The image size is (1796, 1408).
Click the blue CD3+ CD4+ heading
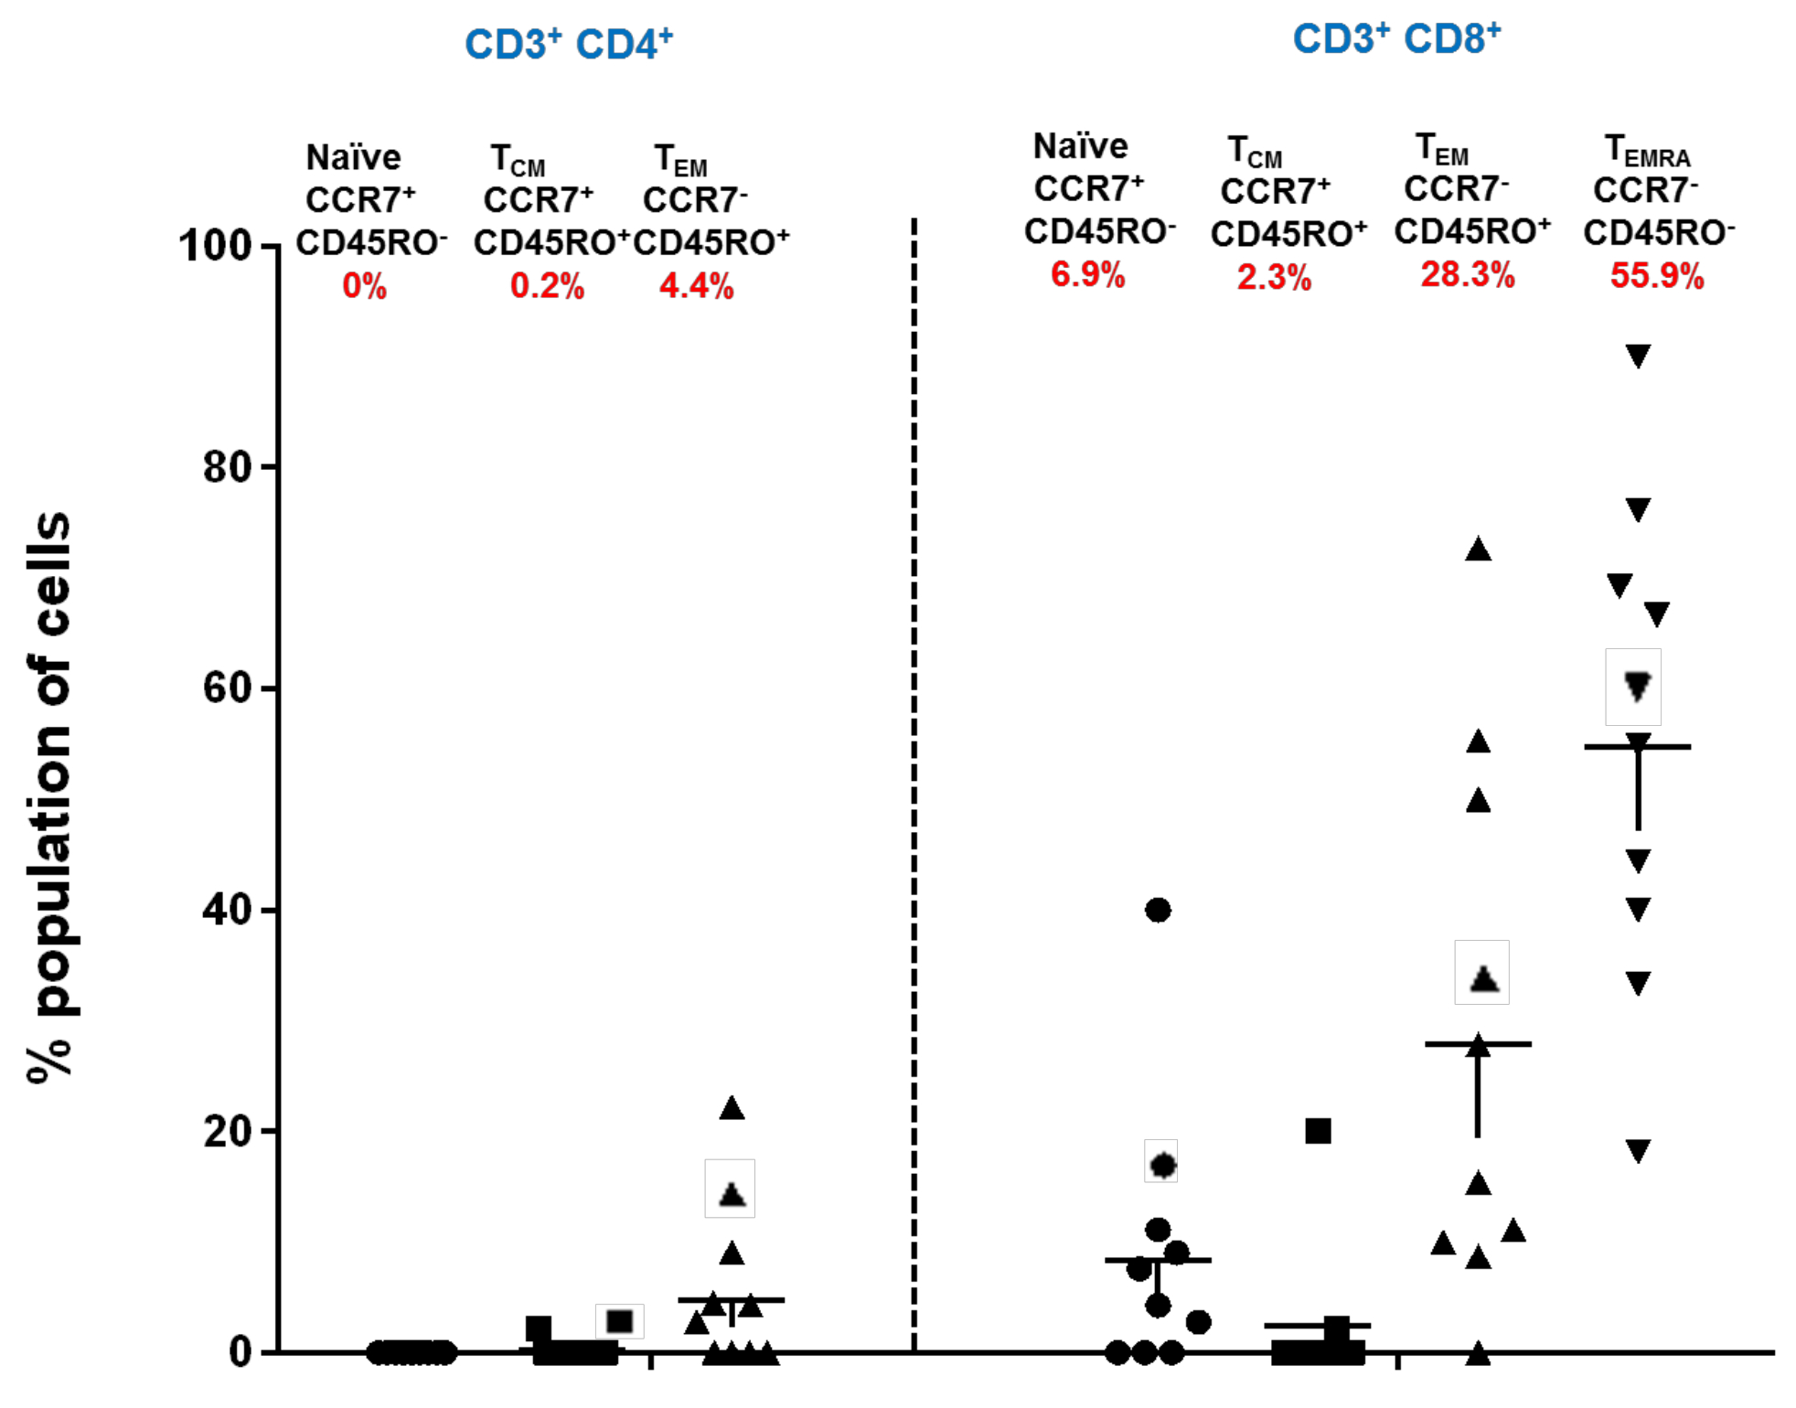coord(569,44)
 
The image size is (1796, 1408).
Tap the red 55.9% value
coord(1656,275)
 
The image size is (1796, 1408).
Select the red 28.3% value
coord(1467,274)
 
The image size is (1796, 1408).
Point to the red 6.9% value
coord(1087,274)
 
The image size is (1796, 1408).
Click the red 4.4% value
coord(696,286)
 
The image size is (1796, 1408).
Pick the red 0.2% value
coord(547,286)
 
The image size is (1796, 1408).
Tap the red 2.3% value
coord(1274,277)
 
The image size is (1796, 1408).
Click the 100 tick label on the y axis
coord(216,246)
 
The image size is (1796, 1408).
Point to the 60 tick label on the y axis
coord(227,688)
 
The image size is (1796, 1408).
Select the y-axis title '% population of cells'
coord(50,795)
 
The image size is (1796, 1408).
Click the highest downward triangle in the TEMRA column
coord(1637,356)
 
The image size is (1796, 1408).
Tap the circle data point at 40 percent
coord(1158,910)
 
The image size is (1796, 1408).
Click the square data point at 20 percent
coord(1318,1131)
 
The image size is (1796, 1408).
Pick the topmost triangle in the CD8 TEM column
coord(1478,549)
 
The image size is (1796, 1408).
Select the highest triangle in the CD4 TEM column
coord(732,1108)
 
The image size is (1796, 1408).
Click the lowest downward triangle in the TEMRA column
coord(1637,1150)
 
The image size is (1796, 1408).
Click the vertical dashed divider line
coord(914,777)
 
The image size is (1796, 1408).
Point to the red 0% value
coord(364,286)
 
